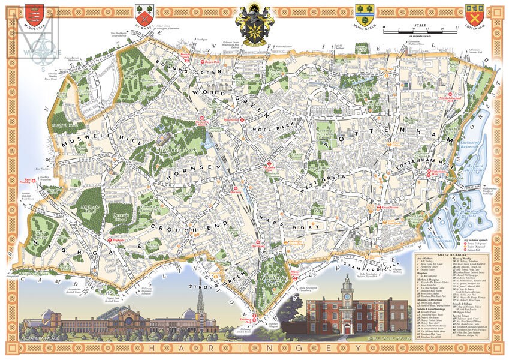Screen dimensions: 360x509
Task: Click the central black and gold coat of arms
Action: coord(254,23)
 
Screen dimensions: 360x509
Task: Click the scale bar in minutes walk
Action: coord(421,31)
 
